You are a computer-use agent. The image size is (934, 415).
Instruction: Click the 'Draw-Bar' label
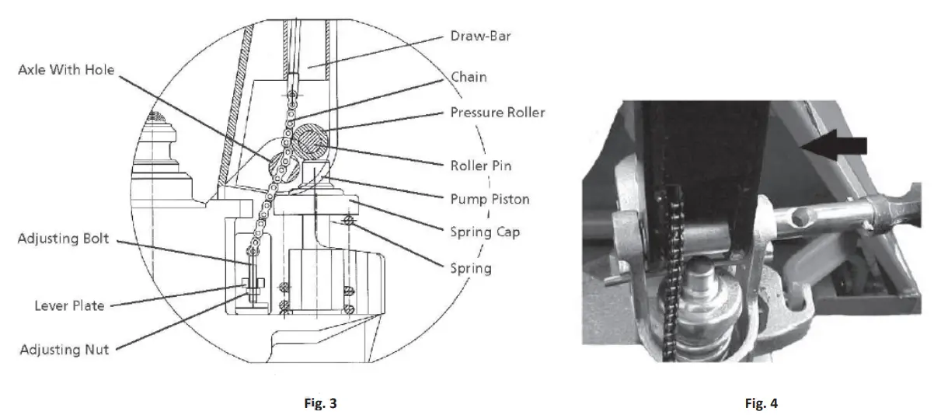pyautogui.click(x=482, y=37)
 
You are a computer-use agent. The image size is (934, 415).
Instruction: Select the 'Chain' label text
pyautogui.click(x=469, y=76)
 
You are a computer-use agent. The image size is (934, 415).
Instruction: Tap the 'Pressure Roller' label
pyautogui.click(x=497, y=113)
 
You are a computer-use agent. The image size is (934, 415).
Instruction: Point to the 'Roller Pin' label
pyautogui.click(x=481, y=165)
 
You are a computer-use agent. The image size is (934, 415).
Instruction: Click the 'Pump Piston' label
pyautogui.click(x=490, y=199)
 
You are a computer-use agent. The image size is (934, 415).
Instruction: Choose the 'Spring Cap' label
pyautogui.click(x=485, y=231)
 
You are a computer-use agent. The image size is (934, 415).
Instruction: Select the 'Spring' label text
pyautogui.click(x=471, y=268)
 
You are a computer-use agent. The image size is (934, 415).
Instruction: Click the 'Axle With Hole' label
pyautogui.click(x=66, y=70)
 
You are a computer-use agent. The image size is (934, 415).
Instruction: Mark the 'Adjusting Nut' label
pyautogui.click(x=64, y=350)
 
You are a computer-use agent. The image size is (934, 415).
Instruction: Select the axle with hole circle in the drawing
pyautogui.click(x=283, y=167)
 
